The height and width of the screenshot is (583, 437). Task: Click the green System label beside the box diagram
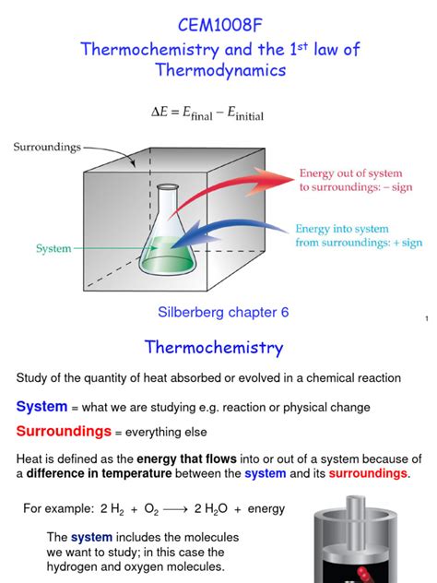click(53, 248)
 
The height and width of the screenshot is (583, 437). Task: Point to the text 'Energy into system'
click(342, 229)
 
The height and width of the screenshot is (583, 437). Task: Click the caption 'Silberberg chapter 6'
click(218, 312)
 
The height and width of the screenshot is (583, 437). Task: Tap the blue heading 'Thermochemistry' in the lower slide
click(214, 348)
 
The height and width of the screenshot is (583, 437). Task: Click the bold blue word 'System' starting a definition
click(41, 407)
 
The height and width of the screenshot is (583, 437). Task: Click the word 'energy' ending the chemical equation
click(265, 508)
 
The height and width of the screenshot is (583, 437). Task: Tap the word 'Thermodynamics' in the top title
click(218, 70)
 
